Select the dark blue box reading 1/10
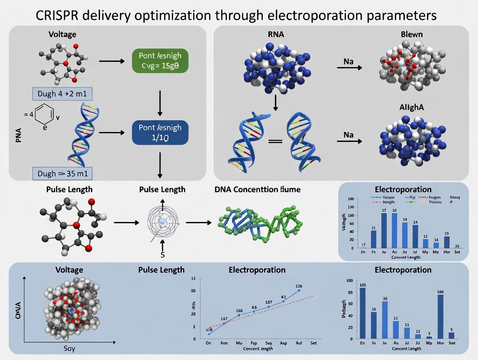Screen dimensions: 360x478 point(160,132)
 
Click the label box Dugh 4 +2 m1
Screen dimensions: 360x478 point(62,93)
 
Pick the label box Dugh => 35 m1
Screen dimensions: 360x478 point(62,174)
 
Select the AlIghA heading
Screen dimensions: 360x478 point(412,108)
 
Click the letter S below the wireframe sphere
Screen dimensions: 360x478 point(163,255)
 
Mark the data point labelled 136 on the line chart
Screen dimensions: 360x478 point(299,290)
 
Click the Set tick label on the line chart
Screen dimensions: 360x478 point(313,343)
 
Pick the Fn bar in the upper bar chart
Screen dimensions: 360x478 point(374,239)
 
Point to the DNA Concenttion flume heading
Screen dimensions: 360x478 point(257,189)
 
